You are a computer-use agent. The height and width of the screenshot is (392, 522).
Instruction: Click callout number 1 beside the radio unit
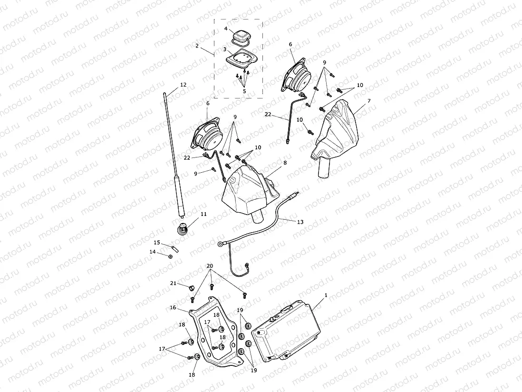pos(325,295)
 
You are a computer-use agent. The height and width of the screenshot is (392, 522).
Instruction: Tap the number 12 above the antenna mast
pos(183,85)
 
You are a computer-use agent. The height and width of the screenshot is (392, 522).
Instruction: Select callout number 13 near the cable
pos(300,222)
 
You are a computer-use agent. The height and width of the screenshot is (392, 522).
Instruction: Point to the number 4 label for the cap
pos(226,29)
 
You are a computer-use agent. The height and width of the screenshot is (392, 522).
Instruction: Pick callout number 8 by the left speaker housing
pos(285,163)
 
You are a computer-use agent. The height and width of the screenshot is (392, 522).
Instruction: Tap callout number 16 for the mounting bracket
pos(173,308)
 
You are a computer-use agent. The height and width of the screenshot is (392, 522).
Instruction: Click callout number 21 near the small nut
pos(174,283)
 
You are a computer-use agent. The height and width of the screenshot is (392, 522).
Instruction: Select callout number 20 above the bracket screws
pos(210,265)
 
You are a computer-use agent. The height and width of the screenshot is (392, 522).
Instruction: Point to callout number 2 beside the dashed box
pos(197,46)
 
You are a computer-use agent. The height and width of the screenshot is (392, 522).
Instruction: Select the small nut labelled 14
pos(171,256)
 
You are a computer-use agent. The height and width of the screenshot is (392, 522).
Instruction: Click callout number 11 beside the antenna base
pos(203,214)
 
